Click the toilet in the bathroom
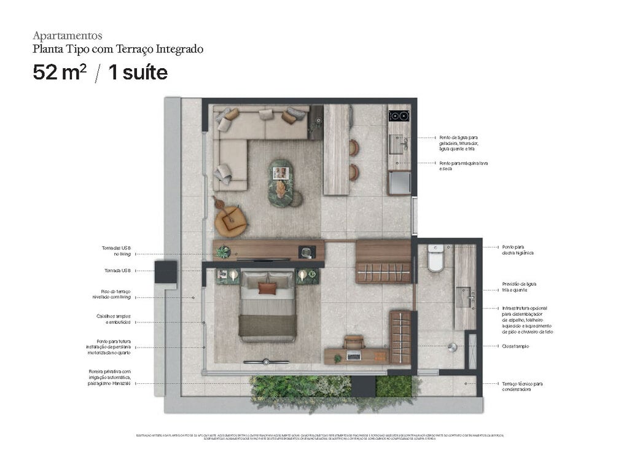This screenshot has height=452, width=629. pos(436,260)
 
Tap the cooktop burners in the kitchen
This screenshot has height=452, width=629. pos(399,116)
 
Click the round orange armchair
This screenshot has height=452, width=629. pos(230,220)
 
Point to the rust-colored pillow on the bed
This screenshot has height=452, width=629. pos(267,288)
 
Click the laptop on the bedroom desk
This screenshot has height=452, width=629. pos(354,354)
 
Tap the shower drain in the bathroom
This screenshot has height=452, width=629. pos(452,347)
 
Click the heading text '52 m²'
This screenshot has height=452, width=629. pos(60,72)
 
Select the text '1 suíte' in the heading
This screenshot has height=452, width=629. pos(138,72)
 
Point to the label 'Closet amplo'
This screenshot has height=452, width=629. pos(517,346)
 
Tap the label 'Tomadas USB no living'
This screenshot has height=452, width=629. pos(116,251)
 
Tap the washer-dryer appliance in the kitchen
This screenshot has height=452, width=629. pos(399,182)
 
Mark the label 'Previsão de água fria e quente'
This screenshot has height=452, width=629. pos(520,287)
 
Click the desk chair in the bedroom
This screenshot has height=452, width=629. pos(354,341)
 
